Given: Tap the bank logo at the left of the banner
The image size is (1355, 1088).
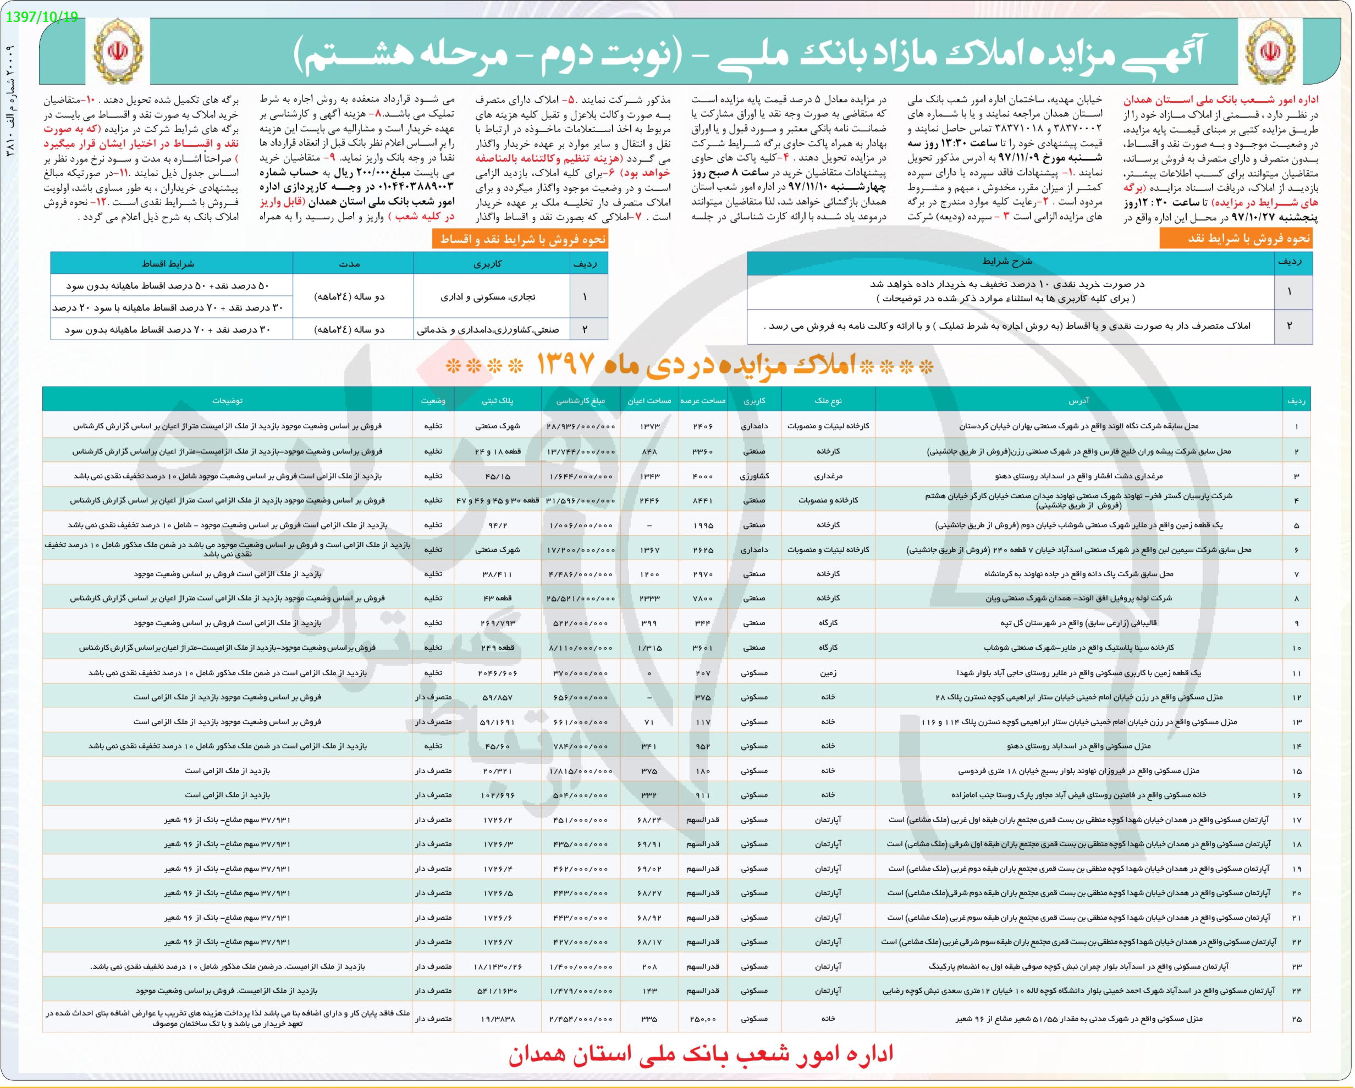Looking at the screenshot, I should (118, 52).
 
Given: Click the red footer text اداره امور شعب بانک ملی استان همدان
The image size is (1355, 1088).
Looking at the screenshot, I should (701, 1053).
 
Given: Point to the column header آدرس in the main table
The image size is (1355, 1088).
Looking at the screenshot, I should (1078, 400).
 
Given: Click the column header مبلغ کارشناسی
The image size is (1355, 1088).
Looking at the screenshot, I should (581, 400).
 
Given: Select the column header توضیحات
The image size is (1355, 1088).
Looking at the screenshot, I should (228, 400).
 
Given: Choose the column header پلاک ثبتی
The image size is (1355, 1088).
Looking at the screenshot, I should (497, 400).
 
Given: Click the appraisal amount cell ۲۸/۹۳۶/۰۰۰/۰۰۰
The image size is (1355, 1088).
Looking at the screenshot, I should (581, 426).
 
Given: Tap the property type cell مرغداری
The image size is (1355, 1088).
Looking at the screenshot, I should (828, 476).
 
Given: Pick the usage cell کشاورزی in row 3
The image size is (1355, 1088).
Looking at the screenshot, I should (754, 476).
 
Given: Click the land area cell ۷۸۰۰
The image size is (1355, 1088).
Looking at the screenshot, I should (703, 598).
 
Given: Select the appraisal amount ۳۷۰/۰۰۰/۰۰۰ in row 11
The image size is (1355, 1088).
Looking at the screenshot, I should (581, 673).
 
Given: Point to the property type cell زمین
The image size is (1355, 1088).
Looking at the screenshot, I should (828, 673).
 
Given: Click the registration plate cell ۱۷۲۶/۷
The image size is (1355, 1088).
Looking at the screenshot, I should (497, 942).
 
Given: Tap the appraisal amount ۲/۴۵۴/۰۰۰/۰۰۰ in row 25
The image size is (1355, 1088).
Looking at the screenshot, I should (581, 1018).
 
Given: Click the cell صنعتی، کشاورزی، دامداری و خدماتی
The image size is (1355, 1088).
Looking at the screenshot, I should (492, 329).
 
